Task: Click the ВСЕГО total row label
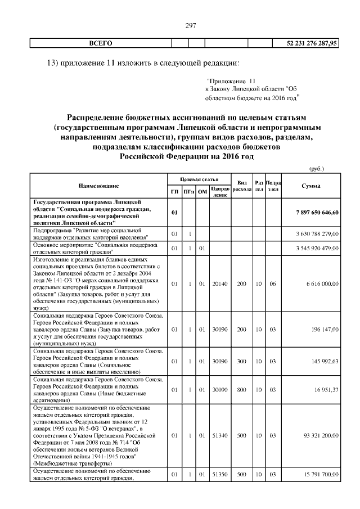click(101, 43)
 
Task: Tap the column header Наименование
click(99, 186)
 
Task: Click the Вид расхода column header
click(242, 186)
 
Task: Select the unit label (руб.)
click(317, 168)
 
